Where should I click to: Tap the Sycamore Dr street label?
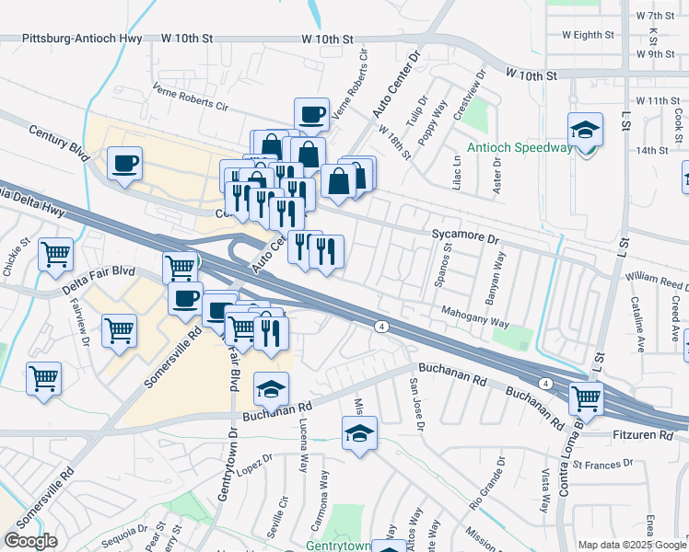(x=465, y=236)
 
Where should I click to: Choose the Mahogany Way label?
(x=473, y=316)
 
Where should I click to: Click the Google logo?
(x=30, y=541)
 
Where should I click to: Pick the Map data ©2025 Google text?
(x=632, y=545)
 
